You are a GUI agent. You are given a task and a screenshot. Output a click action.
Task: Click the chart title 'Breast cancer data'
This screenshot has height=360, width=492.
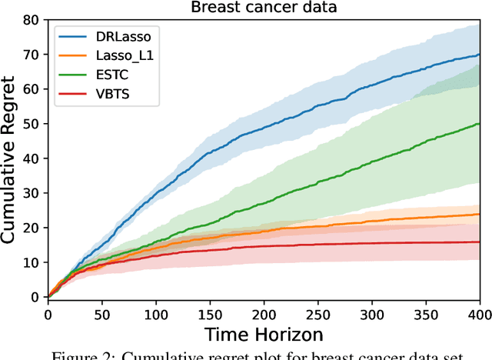(x=264, y=9)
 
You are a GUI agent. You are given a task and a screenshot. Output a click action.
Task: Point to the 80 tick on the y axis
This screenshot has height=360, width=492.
(x=31, y=20)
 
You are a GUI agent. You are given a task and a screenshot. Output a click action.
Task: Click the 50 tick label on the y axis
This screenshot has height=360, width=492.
(x=31, y=124)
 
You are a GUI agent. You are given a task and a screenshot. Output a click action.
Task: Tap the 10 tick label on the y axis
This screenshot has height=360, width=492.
(x=31, y=262)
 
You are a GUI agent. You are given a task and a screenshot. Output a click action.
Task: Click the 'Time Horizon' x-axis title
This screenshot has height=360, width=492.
(x=264, y=333)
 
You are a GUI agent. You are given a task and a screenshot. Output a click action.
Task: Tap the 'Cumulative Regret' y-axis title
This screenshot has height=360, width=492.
(x=11, y=158)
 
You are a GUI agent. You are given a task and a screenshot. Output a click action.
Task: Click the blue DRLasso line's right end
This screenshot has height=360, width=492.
(x=479, y=55)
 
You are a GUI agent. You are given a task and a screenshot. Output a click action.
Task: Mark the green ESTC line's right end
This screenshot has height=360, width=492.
(x=479, y=124)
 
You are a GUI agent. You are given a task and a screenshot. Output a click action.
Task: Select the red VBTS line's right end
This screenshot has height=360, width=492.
(x=479, y=242)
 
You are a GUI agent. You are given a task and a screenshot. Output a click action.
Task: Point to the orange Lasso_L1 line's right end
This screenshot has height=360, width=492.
(x=479, y=215)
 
